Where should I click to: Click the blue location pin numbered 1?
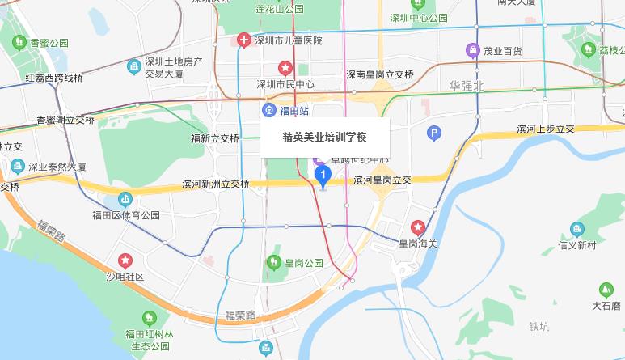(x=323, y=176)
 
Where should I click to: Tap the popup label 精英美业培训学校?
(x=324, y=136)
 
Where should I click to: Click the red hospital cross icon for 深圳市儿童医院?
(x=244, y=40)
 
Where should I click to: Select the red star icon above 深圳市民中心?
(x=285, y=67)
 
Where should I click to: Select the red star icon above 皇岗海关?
(x=418, y=227)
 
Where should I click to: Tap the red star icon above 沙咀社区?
(x=125, y=260)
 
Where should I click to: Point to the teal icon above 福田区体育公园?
(x=125, y=199)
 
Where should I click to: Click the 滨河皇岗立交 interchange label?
(x=382, y=180)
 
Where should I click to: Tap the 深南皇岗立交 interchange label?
(x=380, y=74)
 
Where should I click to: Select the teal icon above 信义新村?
(x=576, y=229)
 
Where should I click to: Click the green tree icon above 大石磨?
(x=606, y=290)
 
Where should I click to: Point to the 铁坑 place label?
(x=538, y=326)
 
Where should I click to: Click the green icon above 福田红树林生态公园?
(x=146, y=317)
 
